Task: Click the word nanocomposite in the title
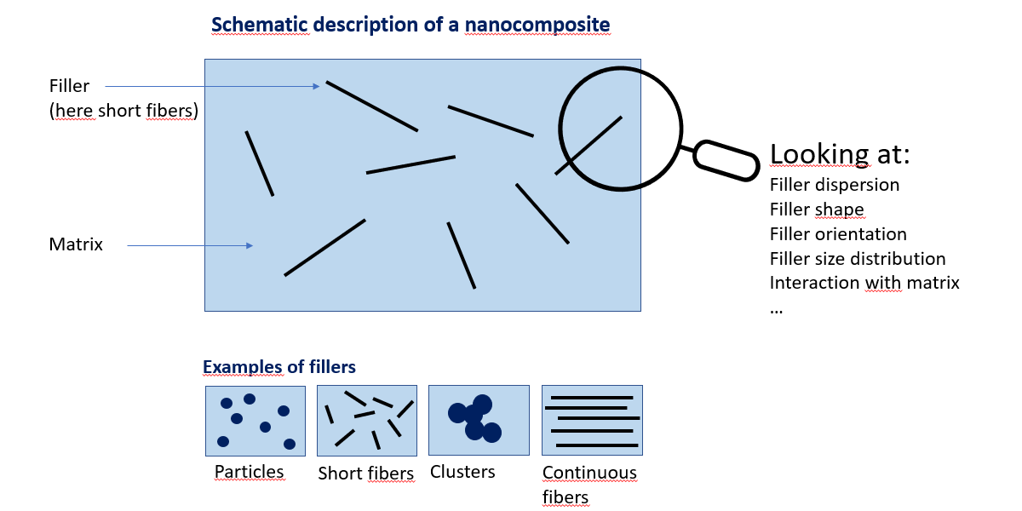[x=537, y=25]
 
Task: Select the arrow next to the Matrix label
[x=190, y=245]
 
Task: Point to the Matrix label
[x=76, y=245]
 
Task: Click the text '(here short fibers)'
[x=123, y=111]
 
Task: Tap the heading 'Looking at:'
[x=840, y=153]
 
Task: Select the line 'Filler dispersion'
[x=834, y=185]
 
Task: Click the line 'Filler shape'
[x=817, y=210]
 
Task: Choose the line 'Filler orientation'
[x=838, y=234]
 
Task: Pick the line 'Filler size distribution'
[x=858, y=259]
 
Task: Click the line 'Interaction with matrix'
[x=864, y=283]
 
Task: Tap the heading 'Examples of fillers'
[x=279, y=368]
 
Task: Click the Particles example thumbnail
[x=255, y=421]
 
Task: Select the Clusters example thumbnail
[x=478, y=421]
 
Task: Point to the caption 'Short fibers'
[x=366, y=474]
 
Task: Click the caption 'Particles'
[x=249, y=472]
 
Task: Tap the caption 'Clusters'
[x=462, y=472]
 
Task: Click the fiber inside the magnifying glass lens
[x=595, y=140]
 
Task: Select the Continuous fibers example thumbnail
[x=592, y=421]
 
